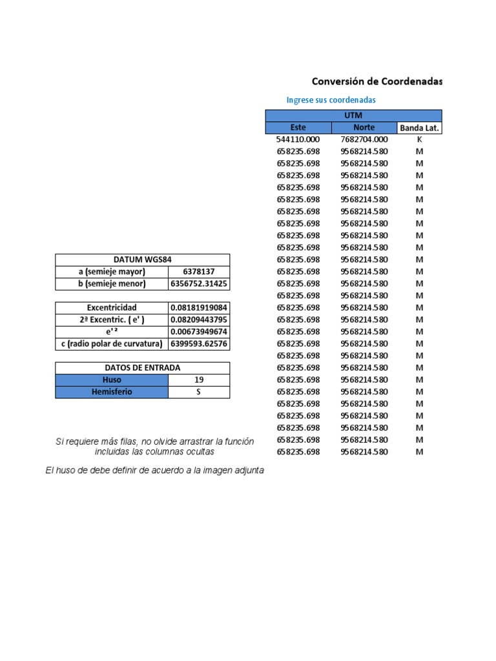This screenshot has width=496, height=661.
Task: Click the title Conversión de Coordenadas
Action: click(377, 81)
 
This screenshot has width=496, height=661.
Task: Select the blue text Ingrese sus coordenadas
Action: click(331, 100)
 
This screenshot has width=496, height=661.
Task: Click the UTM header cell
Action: click(353, 116)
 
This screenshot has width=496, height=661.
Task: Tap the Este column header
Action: click(298, 128)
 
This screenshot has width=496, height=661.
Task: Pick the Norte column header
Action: click(364, 128)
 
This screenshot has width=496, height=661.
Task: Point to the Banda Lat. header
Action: click(419, 128)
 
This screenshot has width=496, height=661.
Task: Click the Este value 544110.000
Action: click(298, 139)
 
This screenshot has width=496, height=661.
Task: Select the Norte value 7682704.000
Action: click(364, 139)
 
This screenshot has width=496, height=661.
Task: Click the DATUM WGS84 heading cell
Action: click(142, 259)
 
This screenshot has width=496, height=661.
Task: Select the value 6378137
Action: click(198, 272)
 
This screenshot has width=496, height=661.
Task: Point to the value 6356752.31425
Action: click(199, 284)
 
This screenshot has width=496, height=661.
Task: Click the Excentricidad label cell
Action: click(112, 308)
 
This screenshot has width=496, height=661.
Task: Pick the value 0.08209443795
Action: click(199, 320)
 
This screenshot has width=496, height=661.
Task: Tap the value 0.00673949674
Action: click(199, 332)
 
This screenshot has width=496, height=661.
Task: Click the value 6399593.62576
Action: click(199, 344)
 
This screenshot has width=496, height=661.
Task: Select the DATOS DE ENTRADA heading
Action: click(142, 368)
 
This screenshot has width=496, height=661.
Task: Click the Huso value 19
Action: click(198, 380)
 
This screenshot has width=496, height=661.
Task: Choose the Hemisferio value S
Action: click(198, 392)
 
